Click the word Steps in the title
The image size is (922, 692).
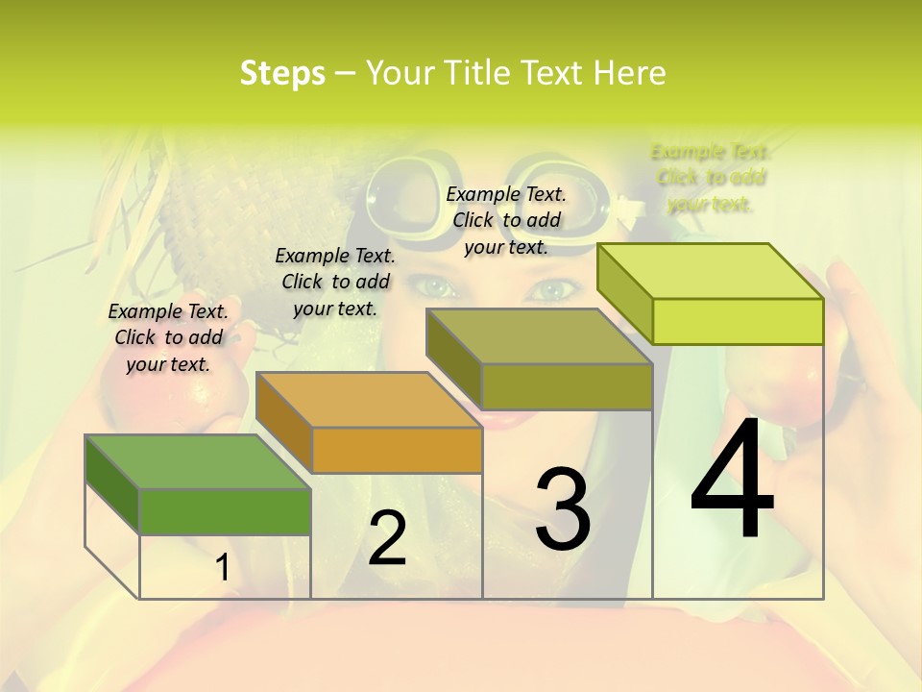282,73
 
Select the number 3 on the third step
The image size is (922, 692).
562,509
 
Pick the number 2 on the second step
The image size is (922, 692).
387,538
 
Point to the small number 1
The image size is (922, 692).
222,568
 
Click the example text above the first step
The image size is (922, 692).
168,337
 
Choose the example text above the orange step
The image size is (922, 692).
335,282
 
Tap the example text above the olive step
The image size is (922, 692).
506,220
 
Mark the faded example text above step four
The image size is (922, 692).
711,178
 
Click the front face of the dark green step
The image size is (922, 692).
225,511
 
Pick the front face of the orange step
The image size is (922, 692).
397,450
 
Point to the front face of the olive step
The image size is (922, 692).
567,386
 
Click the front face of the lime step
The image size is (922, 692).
738,321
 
